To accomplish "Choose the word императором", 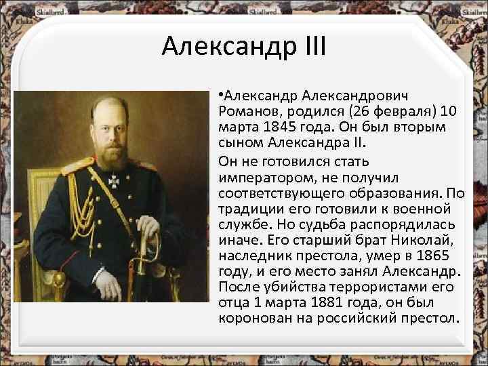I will click(x=260, y=178).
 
